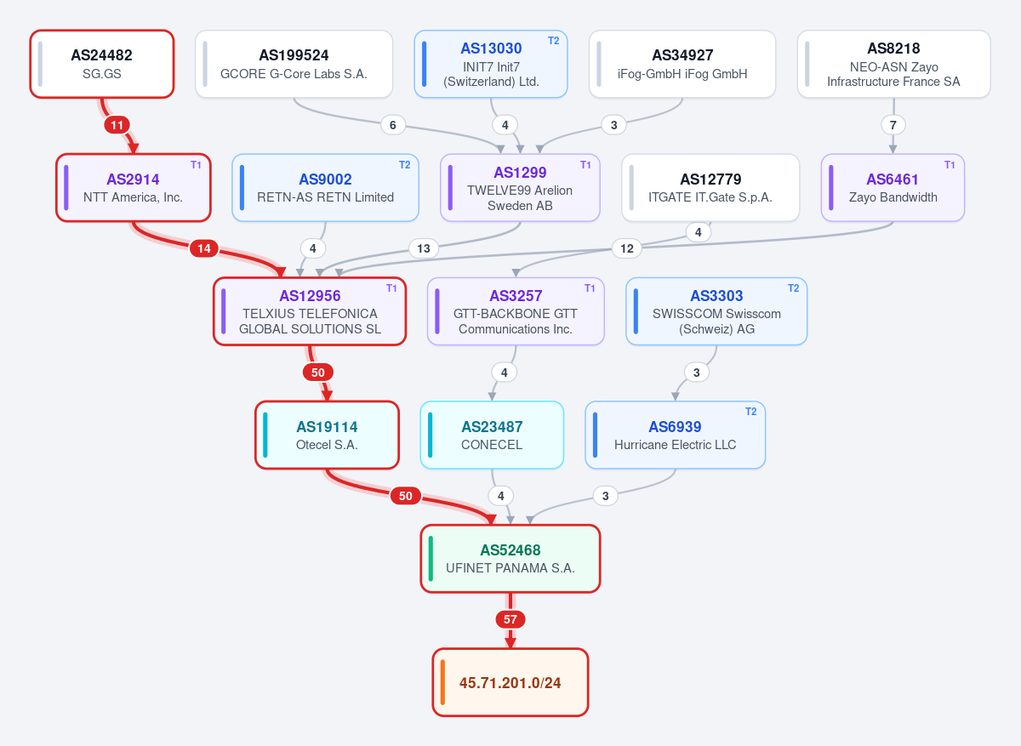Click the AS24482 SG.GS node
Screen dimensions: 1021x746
click(x=102, y=64)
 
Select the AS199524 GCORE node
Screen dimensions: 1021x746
click(x=294, y=64)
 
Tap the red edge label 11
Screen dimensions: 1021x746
click(x=117, y=125)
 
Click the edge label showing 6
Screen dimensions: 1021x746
click(x=393, y=125)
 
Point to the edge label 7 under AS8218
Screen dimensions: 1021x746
click(x=893, y=125)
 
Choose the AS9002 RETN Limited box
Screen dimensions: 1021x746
click(x=325, y=188)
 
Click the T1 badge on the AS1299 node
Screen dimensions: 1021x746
click(x=585, y=165)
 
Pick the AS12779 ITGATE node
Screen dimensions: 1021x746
click(x=710, y=188)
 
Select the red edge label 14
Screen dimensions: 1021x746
click(x=204, y=248)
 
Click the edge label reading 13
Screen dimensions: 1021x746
click(x=424, y=248)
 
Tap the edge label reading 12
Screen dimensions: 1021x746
click(x=627, y=248)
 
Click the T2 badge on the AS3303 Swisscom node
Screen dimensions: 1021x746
click(x=794, y=288)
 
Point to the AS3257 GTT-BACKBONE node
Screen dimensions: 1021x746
click(x=516, y=311)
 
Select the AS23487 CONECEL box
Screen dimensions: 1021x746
click(x=492, y=435)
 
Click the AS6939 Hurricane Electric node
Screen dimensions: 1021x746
click(x=675, y=435)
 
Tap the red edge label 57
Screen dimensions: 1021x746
click(x=510, y=619)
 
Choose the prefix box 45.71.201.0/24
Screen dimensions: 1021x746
click(x=510, y=682)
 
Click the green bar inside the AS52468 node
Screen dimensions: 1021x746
click(x=431, y=559)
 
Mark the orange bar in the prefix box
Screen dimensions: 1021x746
click(x=442, y=682)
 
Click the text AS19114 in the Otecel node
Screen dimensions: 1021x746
click(x=327, y=427)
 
